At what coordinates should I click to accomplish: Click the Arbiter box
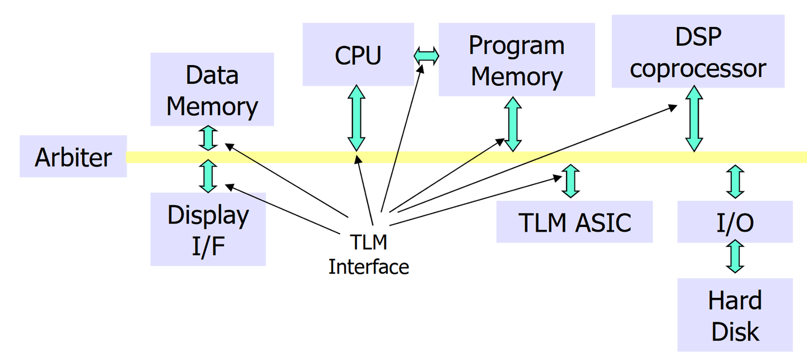(x=73, y=156)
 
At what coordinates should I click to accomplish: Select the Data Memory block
(x=212, y=90)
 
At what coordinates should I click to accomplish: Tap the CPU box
(x=358, y=54)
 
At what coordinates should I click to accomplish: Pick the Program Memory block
(x=516, y=60)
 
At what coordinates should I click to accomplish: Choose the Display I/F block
(x=208, y=229)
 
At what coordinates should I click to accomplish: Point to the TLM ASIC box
(x=574, y=222)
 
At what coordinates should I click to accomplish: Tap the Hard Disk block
(x=735, y=315)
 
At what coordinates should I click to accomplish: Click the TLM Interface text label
(x=369, y=255)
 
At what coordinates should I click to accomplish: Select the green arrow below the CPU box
(x=356, y=118)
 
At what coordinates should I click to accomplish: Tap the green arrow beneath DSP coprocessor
(x=694, y=118)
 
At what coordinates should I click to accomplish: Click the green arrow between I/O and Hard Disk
(x=735, y=256)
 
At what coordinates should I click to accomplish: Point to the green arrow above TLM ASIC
(x=571, y=181)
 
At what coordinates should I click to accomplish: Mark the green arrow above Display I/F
(x=208, y=176)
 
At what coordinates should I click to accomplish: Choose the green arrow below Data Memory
(x=208, y=138)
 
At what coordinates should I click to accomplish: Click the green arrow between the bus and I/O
(x=735, y=181)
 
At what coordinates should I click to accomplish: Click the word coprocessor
(x=698, y=68)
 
